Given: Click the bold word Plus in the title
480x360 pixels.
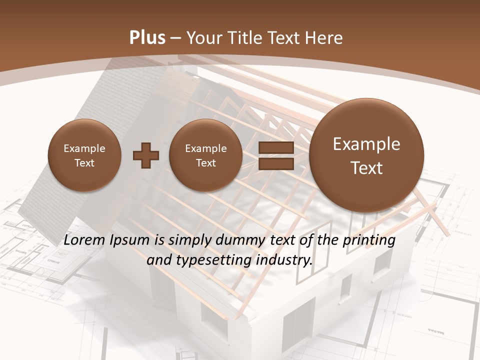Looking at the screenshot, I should [147, 38].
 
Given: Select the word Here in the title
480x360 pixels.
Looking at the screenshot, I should [324, 38].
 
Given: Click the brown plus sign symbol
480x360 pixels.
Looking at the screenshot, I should [146, 155].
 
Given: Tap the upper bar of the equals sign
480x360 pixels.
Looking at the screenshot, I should [275, 148].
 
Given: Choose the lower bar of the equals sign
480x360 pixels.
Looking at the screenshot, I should [275, 163].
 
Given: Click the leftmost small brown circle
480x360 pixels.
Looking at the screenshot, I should [84, 155].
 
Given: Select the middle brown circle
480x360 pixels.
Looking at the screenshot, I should [206, 155].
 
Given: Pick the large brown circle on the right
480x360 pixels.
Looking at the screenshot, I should [366, 155].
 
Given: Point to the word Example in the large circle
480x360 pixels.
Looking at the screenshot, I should [366, 144].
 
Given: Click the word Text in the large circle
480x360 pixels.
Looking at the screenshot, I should [366, 168].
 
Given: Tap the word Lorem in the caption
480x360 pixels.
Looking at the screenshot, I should [84, 240].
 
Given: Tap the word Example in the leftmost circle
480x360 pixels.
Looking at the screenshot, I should [84, 148].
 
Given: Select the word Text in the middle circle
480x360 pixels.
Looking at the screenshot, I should [206, 163].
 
